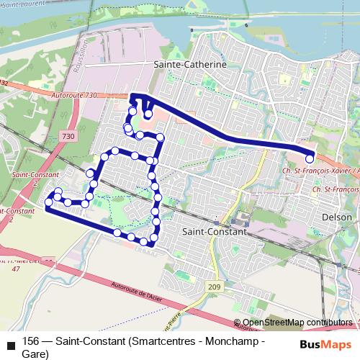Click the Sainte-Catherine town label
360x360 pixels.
click(190, 63)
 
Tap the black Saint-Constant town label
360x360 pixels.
click(214, 233)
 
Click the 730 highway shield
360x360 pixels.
click(68, 136)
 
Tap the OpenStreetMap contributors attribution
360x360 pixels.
click(297, 323)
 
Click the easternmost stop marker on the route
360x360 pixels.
click(310, 159)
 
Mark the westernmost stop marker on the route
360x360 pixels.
click(49, 202)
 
